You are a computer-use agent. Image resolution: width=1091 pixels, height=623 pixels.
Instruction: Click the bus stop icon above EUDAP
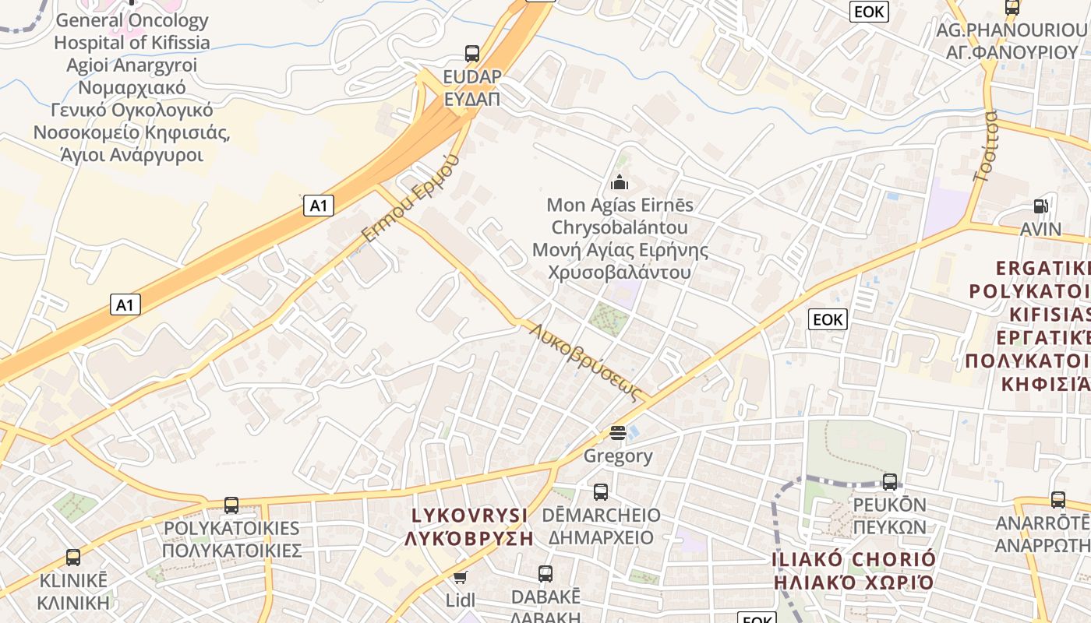point(472,54)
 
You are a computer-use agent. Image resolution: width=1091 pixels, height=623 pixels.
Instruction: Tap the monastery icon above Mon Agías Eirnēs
point(620,182)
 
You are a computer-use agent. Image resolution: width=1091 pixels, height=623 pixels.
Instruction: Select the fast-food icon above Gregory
point(618,432)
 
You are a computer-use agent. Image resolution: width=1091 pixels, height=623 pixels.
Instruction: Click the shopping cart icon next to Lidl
point(460,577)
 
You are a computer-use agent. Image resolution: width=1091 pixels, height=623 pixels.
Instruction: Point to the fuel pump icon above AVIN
point(1040,206)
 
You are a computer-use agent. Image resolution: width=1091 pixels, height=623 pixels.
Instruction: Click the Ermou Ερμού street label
point(408,198)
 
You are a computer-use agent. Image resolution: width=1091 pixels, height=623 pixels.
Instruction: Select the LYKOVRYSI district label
point(470,516)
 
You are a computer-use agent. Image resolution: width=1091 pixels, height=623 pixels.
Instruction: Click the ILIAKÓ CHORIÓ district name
point(853,560)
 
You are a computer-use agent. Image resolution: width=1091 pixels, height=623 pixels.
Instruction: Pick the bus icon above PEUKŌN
point(890,482)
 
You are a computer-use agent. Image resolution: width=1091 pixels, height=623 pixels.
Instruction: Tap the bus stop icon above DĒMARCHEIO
point(601,492)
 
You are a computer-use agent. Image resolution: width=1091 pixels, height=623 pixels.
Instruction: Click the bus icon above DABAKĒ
point(545,574)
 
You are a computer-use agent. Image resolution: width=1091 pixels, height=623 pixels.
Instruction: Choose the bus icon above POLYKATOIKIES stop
point(231,505)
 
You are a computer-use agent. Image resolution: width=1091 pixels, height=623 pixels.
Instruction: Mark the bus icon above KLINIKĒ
point(73,558)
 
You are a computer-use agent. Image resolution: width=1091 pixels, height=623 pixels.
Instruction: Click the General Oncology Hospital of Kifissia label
point(132,31)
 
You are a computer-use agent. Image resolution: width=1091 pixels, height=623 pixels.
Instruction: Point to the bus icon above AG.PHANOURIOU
point(1012,8)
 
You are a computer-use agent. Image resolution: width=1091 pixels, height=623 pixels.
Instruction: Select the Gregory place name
point(618,456)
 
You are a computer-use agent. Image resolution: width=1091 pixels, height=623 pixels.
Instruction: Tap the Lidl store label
point(460,600)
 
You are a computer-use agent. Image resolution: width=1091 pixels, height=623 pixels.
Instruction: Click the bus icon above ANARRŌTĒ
point(1057,500)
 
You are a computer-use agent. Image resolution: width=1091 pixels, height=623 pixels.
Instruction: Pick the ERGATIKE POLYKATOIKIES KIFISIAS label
point(1029,326)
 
